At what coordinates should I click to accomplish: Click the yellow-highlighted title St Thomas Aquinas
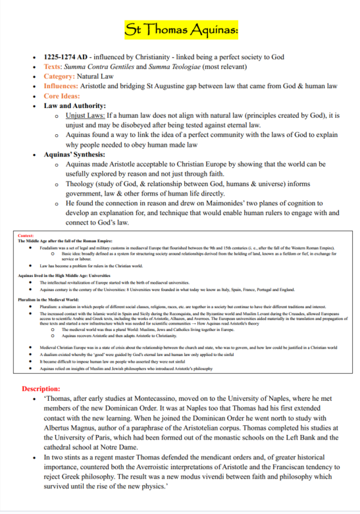click(180, 30)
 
